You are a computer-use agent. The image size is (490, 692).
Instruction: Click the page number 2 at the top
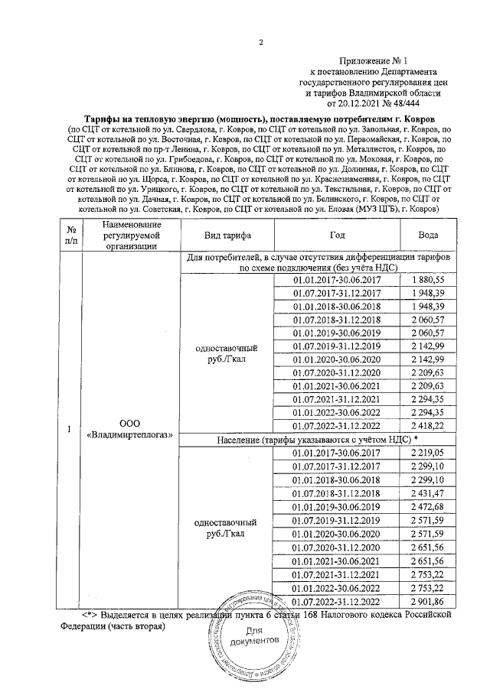[x=260, y=41]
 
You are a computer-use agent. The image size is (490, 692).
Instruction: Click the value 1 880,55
[x=429, y=281]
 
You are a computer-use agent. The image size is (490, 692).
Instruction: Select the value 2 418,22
[x=429, y=425]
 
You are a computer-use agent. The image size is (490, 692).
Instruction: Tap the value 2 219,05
[x=429, y=453]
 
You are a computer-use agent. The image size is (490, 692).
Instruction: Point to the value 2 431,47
[x=429, y=497]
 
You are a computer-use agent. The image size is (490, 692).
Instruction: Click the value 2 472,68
[x=429, y=512]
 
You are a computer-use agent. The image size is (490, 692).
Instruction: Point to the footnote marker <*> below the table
[x=93, y=613]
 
